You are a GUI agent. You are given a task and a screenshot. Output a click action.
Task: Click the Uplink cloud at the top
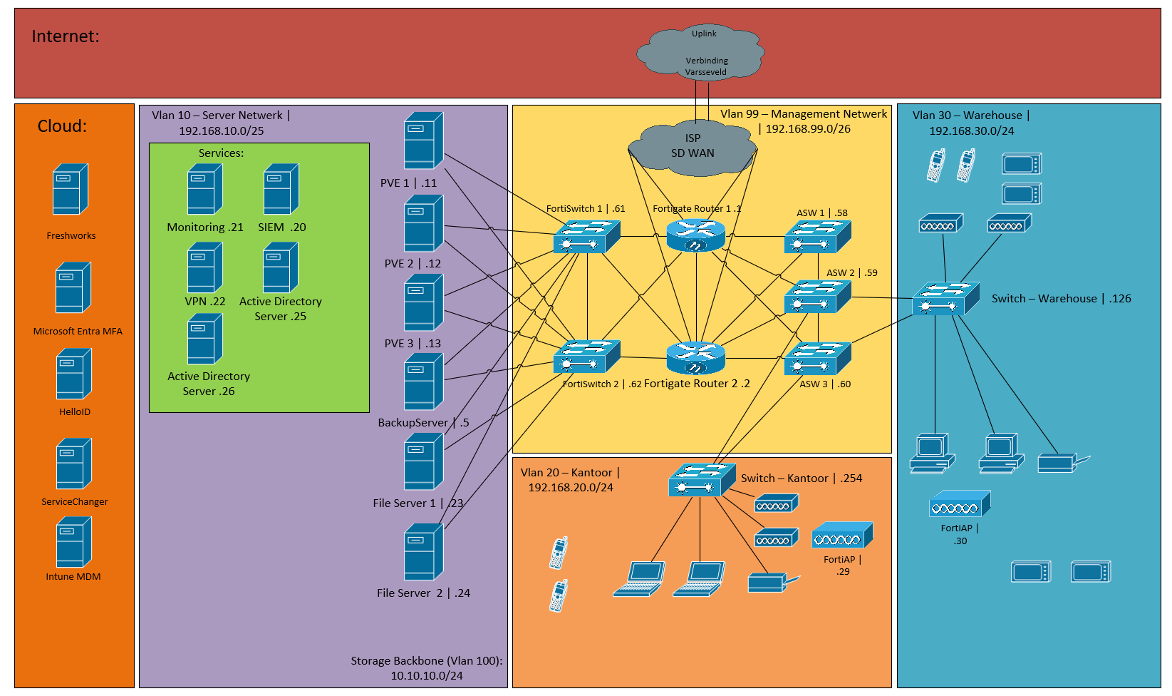(700, 53)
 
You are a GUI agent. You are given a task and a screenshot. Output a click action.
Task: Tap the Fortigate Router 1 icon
(695, 235)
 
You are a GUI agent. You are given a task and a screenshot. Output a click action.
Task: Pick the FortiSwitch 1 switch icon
(586, 236)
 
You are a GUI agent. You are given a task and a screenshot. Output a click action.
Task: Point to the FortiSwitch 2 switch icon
(586, 357)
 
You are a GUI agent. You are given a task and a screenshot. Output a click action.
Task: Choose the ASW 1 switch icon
(817, 237)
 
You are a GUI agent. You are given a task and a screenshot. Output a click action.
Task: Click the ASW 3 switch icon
(817, 359)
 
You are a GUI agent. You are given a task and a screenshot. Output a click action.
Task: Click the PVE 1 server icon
(423, 140)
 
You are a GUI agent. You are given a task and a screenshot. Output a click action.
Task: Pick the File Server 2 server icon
(423, 552)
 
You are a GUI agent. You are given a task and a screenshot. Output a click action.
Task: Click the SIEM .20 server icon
(281, 189)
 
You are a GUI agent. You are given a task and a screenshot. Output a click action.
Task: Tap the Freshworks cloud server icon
(70, 189)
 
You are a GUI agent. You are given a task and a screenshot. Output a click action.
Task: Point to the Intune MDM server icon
(73, 542)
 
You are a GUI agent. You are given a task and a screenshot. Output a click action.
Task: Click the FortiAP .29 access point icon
(842, 536)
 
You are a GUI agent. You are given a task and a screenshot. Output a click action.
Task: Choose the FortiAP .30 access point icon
(959, 504)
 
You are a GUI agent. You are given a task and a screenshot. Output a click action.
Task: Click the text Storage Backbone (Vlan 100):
(426, 661)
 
